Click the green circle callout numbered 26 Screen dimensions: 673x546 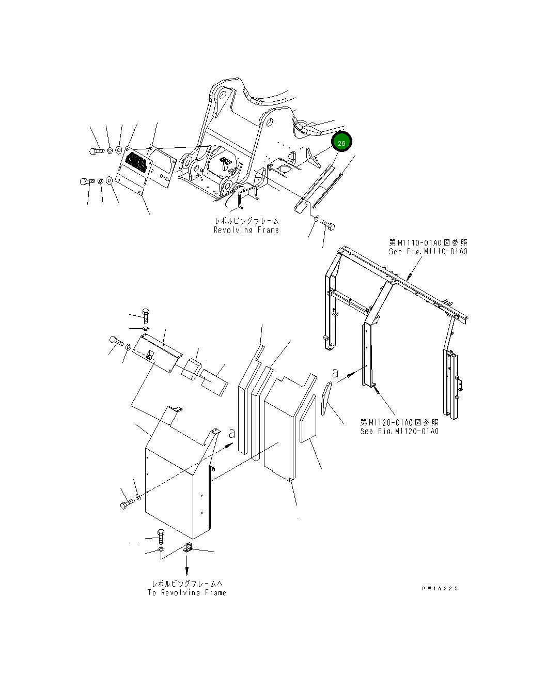[341, 143]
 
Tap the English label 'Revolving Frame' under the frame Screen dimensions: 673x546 [246, 230]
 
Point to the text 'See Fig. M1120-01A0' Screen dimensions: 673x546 [399, 431]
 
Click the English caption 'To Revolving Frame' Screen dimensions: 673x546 [186, 592]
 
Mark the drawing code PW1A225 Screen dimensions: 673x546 [439, 588]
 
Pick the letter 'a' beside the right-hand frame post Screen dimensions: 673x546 [335, 372]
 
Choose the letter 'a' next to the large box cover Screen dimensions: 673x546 [232, 433]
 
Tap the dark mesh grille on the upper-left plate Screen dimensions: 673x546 [137, 162]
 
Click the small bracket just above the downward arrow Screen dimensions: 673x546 [189, 548]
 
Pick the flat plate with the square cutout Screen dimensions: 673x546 [158, 351]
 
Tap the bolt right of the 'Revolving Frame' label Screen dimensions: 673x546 [327, 225]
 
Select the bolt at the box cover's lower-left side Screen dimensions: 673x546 [127, 504]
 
